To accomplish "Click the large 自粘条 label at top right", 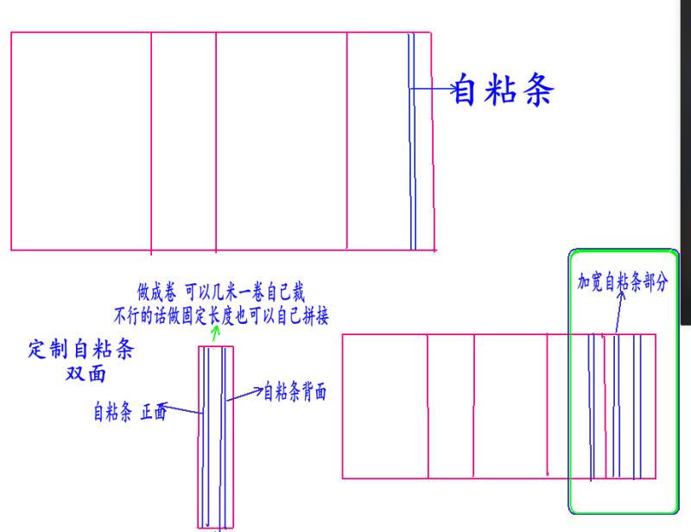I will (x=503, y=90).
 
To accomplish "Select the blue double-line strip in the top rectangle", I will (x=412, y=142).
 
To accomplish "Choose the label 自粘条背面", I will (x=295, y=391).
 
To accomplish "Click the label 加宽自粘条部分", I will (x=623, y=282).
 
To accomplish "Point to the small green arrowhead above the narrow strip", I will (x=214, y=330).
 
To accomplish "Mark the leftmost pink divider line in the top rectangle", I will (x=151, y=142).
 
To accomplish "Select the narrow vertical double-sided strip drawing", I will (x=214, y=436).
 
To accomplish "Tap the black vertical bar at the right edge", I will (x=687, y=164).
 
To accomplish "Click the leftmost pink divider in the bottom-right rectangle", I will (x=428, y=406).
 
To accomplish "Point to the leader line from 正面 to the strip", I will (x=183, y=409).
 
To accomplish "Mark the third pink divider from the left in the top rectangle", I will (x=346, y=142).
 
